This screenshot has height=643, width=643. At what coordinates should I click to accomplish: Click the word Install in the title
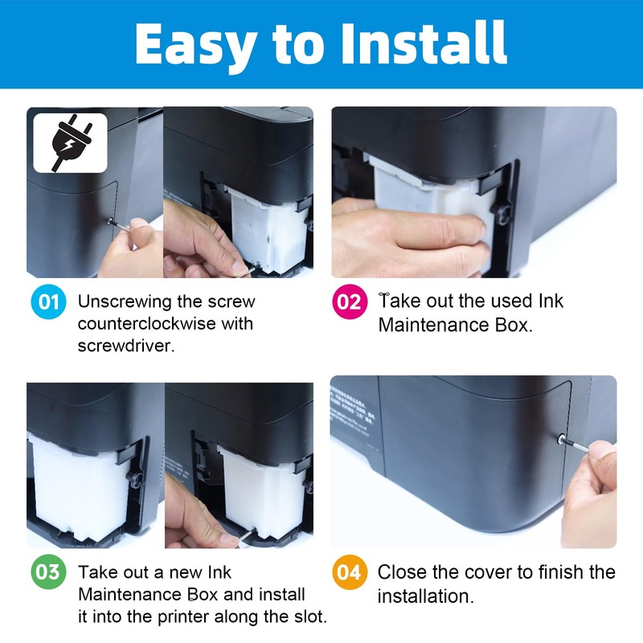point(424,43)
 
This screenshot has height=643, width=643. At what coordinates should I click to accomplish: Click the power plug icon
point(72,142)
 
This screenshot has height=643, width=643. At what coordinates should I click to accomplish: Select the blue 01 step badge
point(48,302)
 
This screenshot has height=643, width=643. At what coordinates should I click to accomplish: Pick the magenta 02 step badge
point(350,302)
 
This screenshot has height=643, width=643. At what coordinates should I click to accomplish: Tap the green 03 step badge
point(48,572)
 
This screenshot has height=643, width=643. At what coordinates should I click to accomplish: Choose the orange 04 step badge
point(350,572)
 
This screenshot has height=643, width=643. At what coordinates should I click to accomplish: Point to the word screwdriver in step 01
point(125,346)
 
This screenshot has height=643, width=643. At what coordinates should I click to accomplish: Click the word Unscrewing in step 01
point(125,302)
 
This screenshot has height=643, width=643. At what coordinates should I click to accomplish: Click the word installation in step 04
point(425,596)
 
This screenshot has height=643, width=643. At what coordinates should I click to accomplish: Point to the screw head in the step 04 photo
point(561,440)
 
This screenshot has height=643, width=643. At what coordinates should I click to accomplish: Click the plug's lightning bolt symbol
point(70,145)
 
